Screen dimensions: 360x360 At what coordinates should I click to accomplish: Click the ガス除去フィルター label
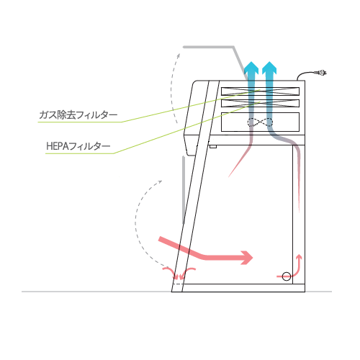click(78, 115)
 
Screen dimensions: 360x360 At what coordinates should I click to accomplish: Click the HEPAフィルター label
click(78, 146)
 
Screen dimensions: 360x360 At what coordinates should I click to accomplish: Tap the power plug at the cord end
click(320, 73)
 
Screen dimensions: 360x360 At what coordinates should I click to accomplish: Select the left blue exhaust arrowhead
click(251, 67)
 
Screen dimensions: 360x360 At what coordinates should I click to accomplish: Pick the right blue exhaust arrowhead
click(269, 67)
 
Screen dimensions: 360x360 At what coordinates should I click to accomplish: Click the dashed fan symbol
click(260, 122)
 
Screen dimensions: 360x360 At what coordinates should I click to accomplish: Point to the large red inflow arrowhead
click(247, 258)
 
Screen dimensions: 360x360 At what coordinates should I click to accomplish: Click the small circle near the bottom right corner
click(287, 276)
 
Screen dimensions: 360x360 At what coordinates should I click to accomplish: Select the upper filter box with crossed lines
click(260, 91)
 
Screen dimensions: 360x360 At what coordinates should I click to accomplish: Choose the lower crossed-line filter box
click(260, 104)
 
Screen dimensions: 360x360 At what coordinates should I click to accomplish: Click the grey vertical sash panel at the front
click(184, 189)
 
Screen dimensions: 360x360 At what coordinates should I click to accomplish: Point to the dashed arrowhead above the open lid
click(179, 56)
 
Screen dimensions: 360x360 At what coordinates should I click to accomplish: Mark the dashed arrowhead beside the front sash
click(159, 182)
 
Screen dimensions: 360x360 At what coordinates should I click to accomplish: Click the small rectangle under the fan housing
click(213, 146)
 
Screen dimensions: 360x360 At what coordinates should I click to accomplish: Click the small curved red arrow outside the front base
click(171, 272)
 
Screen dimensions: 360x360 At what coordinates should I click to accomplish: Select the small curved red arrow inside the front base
click(187, 272)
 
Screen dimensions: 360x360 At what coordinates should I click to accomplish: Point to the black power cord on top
click(306, 74)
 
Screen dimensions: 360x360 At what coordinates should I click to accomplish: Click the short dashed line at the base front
click(178, 284)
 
